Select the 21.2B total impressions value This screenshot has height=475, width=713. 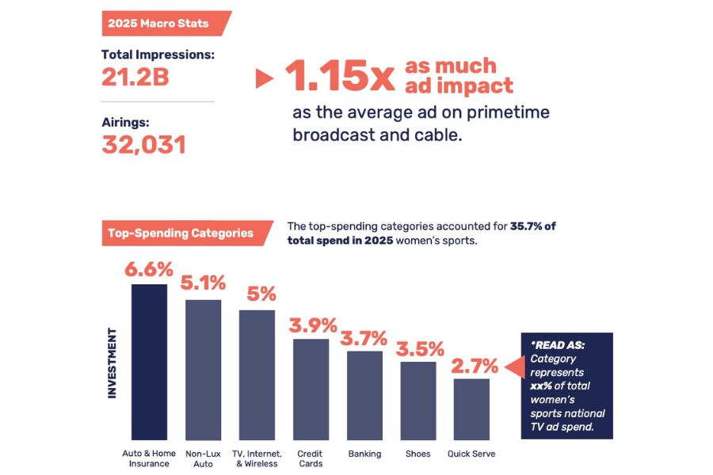(135, 77)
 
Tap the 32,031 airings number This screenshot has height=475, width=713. (143, 145)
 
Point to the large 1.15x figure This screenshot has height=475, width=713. (339, 77)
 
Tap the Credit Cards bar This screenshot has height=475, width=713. (311, 389)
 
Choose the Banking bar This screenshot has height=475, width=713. (364, 395)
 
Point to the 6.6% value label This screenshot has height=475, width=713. (149, 269)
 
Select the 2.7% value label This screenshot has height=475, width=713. (475, 366)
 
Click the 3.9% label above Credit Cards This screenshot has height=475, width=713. (311, 325)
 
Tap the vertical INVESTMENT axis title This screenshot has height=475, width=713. (112, 363)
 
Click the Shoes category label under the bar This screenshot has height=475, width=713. (418, 454)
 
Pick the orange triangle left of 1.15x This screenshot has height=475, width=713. (264, 78)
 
